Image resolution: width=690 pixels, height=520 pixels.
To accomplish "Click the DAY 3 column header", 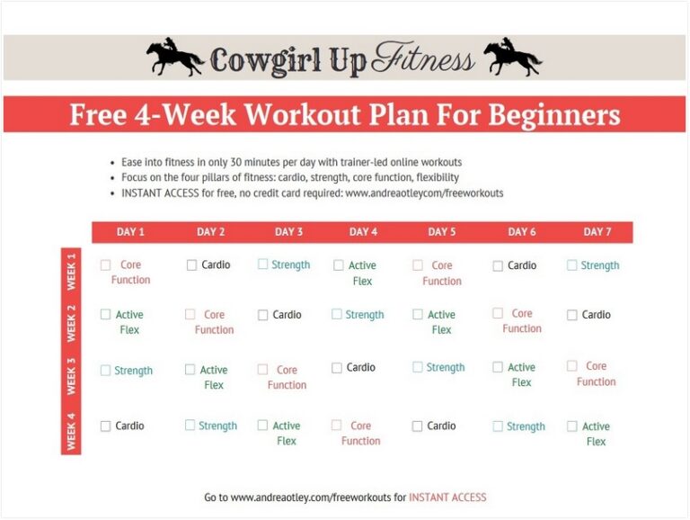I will point(288,232).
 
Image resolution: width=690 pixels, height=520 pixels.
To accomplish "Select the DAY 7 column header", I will point(597,232).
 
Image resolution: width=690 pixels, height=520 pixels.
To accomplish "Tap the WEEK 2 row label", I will point(71,322).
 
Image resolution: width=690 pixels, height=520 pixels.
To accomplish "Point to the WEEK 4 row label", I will point(71,432).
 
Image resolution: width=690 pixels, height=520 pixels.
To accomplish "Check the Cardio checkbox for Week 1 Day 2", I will point(191,265).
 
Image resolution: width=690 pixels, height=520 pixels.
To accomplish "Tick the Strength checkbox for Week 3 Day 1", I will point(105,371).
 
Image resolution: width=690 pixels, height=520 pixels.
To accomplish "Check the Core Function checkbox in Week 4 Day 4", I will point(337,426).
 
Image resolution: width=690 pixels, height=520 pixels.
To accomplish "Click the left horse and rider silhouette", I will point(174,58).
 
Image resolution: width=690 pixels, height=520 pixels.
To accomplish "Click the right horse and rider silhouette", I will point(512,58).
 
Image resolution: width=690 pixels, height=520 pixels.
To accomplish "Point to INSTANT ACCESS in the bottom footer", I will point(447,497).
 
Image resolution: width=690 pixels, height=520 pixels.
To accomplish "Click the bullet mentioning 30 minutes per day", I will point(292,162).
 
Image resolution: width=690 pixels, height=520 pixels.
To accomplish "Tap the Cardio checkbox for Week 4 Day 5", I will point(417,426).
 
